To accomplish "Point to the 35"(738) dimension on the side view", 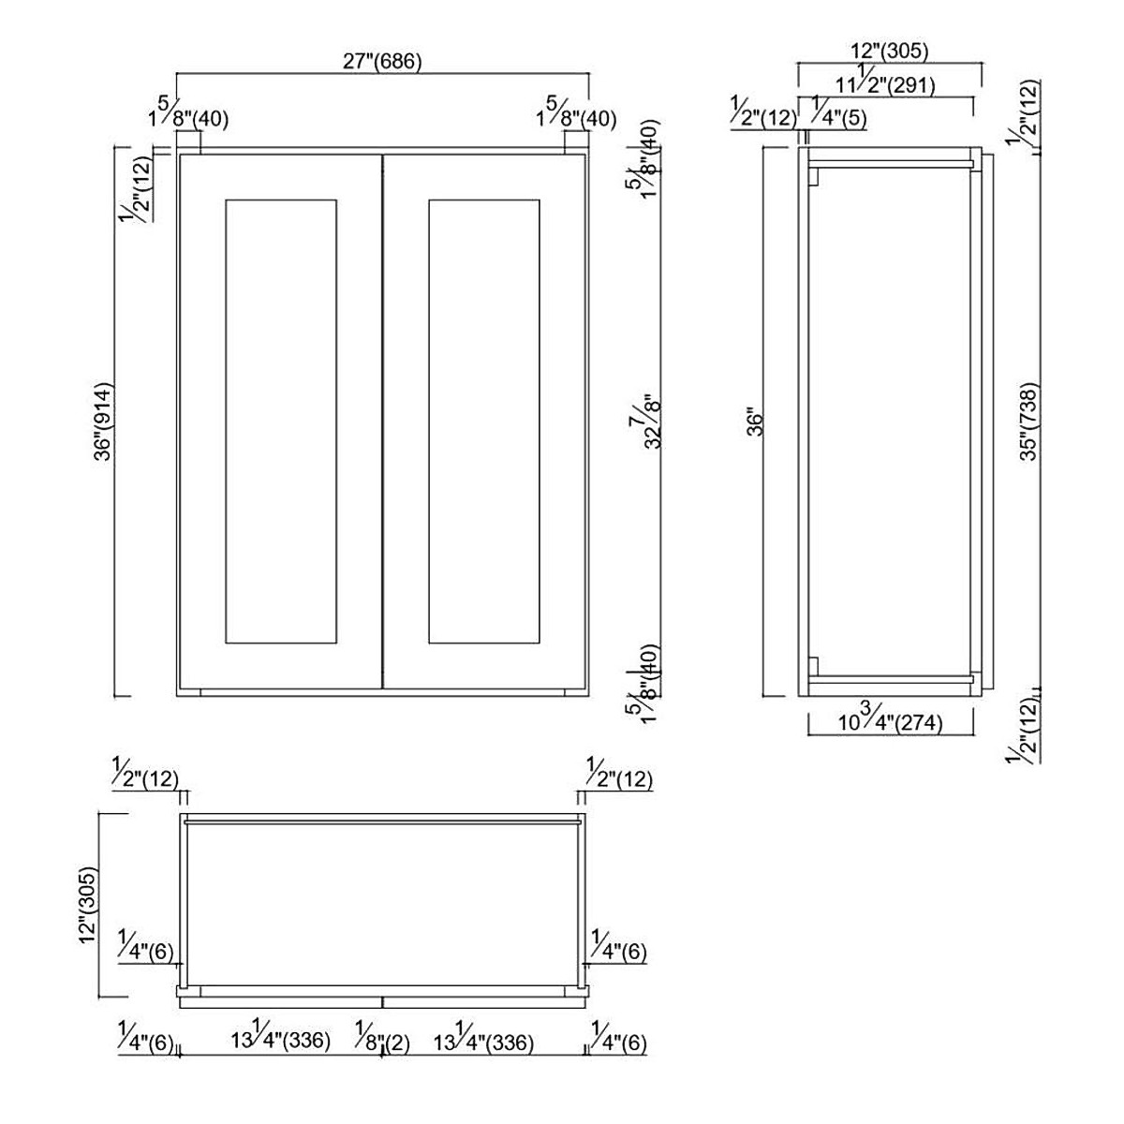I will tap(1028, 421).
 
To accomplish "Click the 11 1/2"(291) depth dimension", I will tap(884, 84).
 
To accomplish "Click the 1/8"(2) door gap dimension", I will tap(382, 1041).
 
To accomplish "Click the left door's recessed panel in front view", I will tap(281, 421).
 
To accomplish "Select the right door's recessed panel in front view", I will tap(483, 421).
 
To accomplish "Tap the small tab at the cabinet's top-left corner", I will tap(187, 140).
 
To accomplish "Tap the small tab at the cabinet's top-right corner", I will tap(575, 140).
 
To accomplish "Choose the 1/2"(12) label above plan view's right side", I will tap(618, 777).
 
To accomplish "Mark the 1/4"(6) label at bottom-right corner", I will tap(618, 1041).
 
